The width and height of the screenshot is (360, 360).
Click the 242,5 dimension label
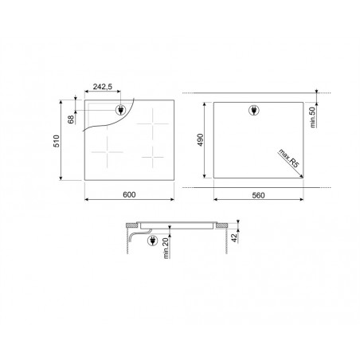(103, 87)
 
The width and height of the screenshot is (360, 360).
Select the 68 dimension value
(71, 119)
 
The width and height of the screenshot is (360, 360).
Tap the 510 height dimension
(57, 141)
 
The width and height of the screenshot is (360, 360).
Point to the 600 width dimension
(129, 194)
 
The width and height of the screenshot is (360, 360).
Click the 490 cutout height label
(201, 140)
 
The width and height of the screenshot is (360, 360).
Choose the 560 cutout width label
(258, 195)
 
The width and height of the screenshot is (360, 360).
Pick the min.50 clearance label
(313, 117)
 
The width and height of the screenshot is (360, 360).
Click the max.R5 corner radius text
(288, 158)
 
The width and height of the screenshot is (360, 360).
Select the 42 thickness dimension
(234, 237)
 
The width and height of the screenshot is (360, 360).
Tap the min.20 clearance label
(166, 248)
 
